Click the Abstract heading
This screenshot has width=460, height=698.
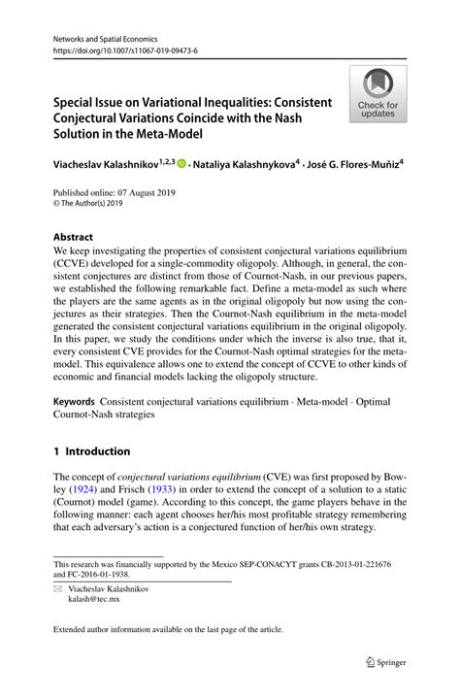pyautogui.click(x=74, y=236)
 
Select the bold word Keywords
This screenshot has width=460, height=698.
pyautogui.click(x=78, y=400)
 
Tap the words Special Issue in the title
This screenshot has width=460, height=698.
pyautogui.click(x=94, y=102)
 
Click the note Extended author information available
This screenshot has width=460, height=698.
pyautogui.click(x=168, y=629)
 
